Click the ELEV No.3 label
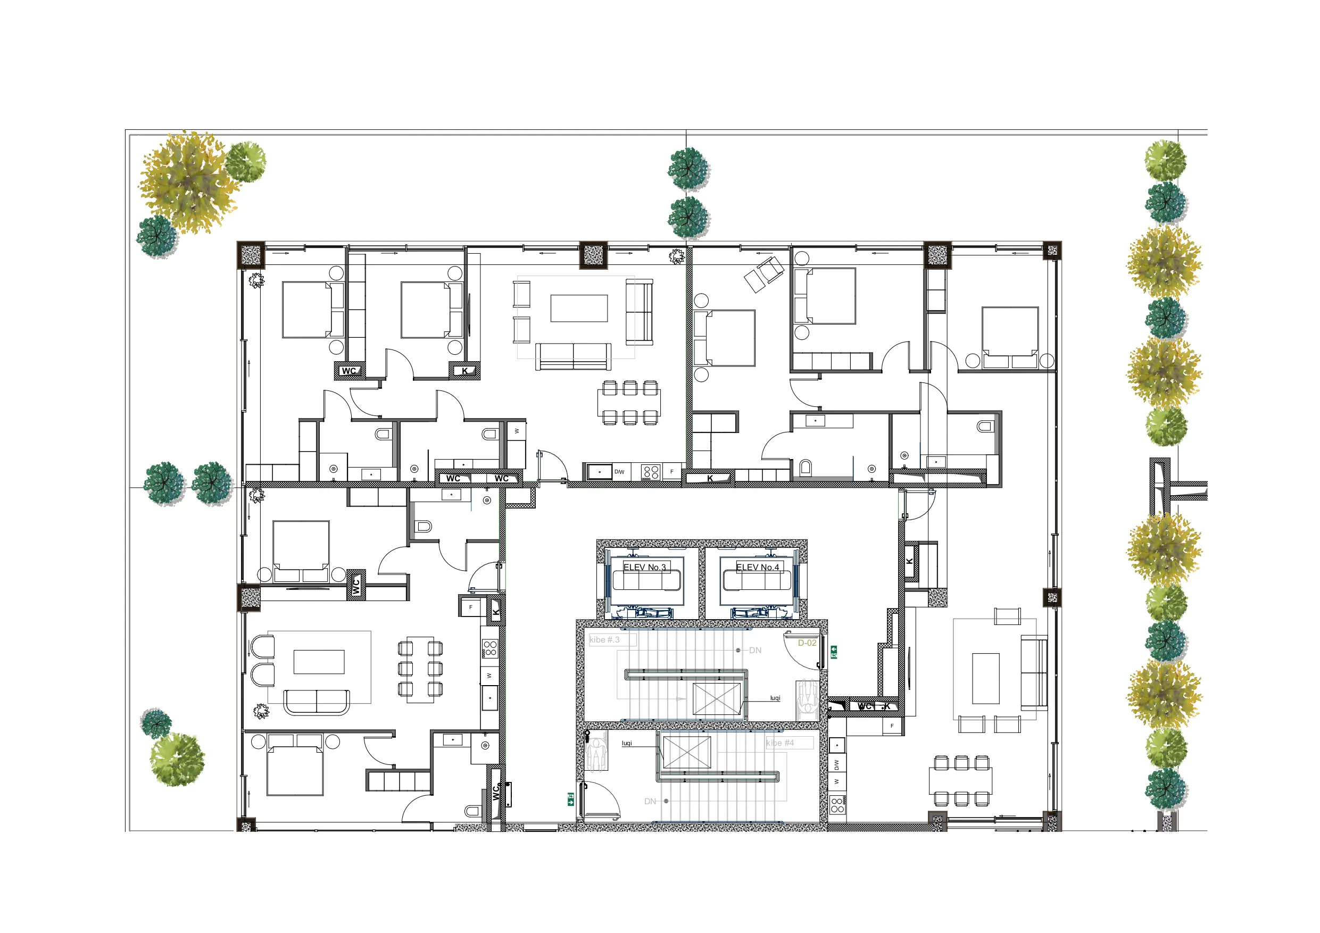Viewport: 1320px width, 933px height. [644, 568]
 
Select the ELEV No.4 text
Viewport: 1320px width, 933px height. [758, 568]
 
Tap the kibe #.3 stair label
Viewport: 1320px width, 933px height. [605, 640]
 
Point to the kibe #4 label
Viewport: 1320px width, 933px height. [779, 743]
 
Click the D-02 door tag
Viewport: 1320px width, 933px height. [807, 643]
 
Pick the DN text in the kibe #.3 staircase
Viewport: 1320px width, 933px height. [755, 651]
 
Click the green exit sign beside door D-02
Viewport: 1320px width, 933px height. [834, 652]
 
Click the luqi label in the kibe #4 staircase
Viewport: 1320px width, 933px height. [627, 743]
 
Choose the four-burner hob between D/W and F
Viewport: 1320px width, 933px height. [650, 472]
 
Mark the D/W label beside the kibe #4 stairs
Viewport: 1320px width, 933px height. [836, 765]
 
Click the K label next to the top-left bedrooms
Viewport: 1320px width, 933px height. [464, 371]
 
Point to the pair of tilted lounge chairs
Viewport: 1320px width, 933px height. [764, 275]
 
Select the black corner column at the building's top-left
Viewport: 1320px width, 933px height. [251, 255]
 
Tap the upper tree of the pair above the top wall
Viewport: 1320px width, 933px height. [688, 169]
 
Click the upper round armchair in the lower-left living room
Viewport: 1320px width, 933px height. [263, 647]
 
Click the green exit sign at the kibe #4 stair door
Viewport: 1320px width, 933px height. [571, 798]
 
